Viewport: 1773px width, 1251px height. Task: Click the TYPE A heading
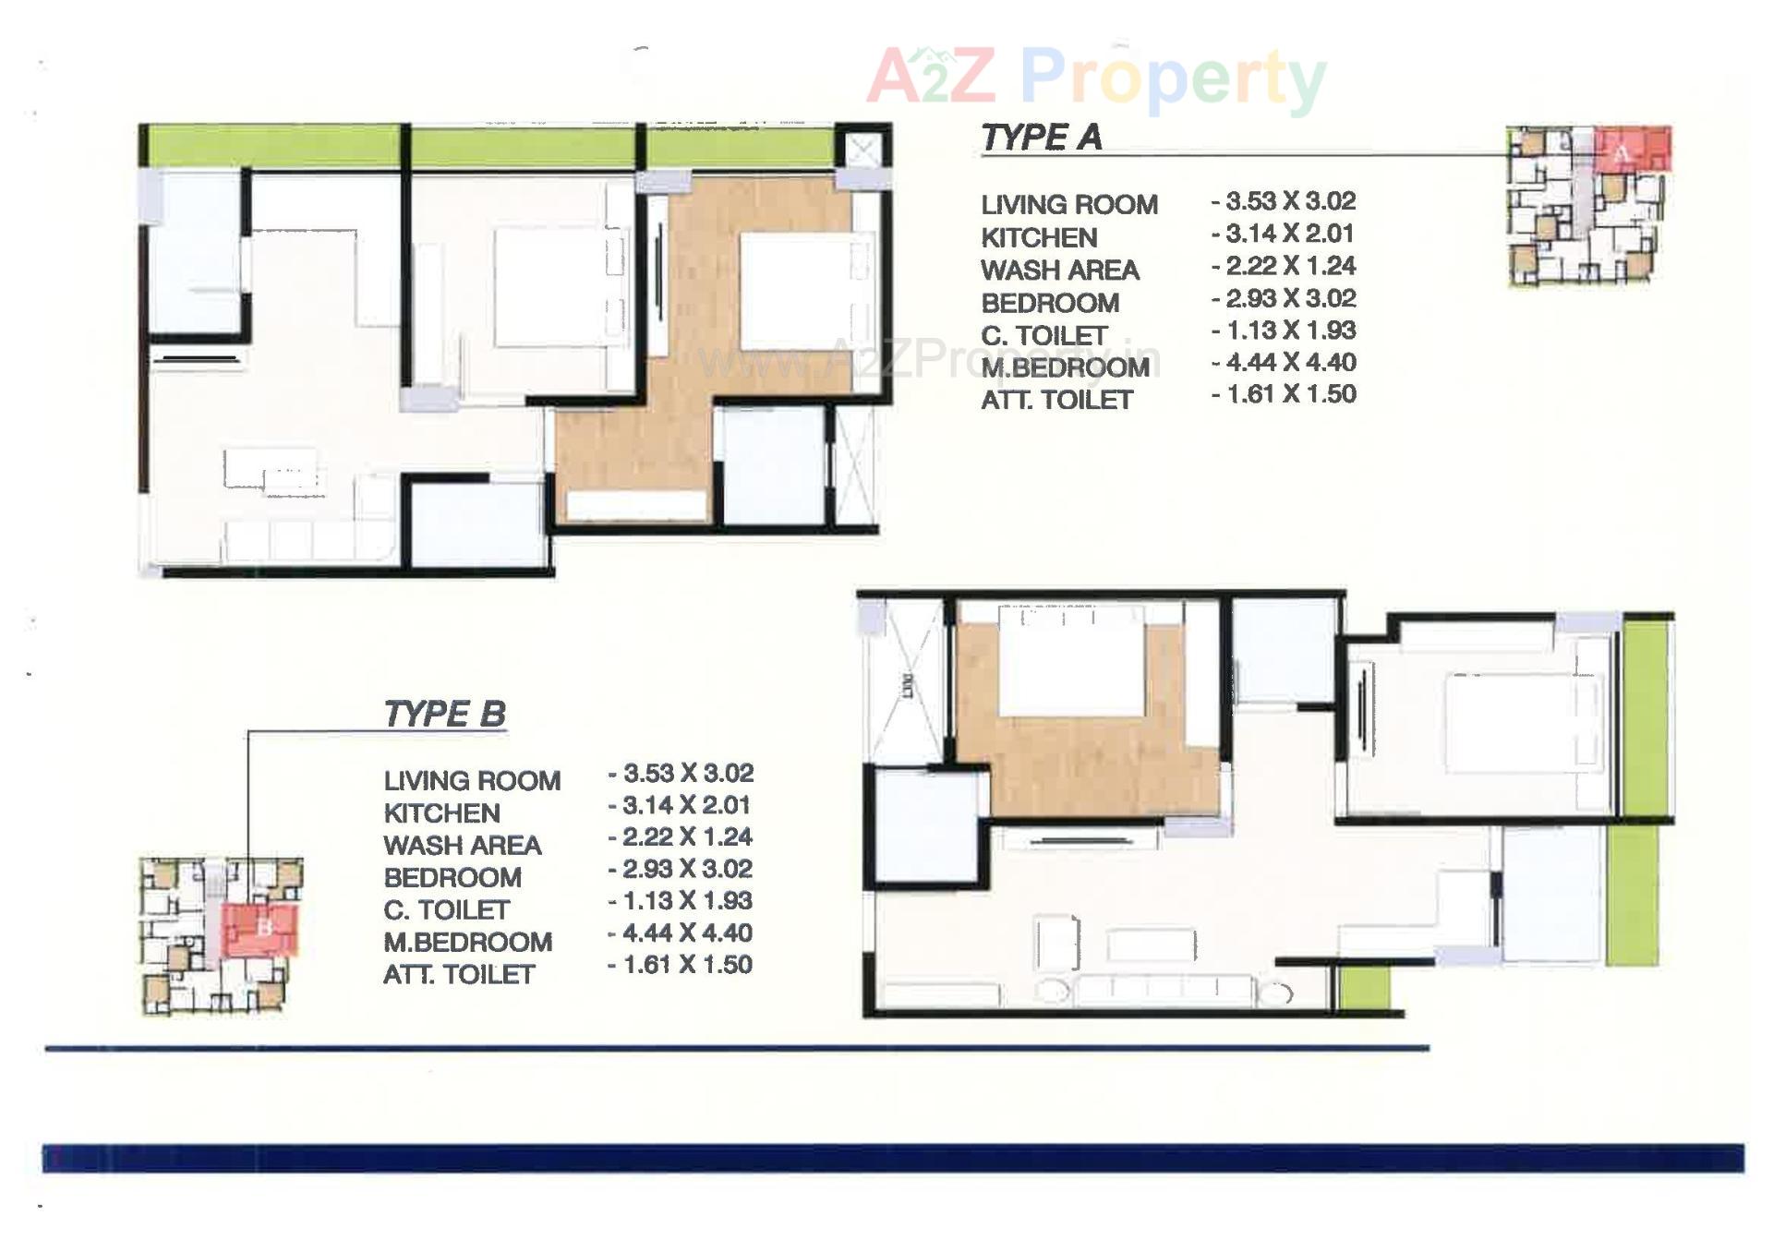1041,138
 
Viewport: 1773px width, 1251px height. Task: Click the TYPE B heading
444,714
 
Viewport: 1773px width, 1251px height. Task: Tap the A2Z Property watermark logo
1097,78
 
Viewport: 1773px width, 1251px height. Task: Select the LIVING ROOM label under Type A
1068,204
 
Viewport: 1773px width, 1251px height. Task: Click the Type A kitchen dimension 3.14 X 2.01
1284,234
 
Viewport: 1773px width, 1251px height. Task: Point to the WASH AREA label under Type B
462,846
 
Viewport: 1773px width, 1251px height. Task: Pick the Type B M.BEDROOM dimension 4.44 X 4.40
681,932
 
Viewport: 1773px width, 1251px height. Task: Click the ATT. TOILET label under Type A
1056,400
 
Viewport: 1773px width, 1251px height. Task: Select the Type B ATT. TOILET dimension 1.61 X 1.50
681,965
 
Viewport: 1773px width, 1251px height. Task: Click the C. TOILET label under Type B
446,910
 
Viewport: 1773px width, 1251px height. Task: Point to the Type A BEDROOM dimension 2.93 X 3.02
1284,298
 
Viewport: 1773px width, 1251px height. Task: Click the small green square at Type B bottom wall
1364,986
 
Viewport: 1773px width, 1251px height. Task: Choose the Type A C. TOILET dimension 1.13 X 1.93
1284,331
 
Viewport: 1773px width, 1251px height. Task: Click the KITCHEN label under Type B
441,813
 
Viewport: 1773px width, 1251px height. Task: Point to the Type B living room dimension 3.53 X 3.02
681,773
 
